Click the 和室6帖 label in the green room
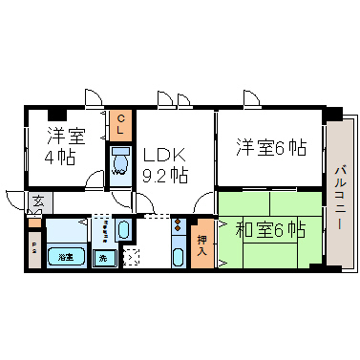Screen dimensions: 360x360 tap(270, 229)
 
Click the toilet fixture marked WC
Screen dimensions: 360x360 tap(121, 163)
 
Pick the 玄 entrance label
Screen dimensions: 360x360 tap(37, 202)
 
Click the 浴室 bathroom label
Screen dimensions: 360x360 tap(66, 256)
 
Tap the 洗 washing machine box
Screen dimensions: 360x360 tap(101, 257)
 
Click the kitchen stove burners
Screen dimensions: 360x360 tap(179, 227)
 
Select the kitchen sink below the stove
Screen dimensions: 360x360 tap(179, 256)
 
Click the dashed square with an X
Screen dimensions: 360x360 tap(131, 257)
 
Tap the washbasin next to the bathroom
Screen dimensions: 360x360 tap(123, 229)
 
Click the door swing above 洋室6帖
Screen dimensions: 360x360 tap(251, 98)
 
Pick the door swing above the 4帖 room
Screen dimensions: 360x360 tap(93, 97)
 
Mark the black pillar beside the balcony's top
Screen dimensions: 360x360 tap(331, 115)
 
